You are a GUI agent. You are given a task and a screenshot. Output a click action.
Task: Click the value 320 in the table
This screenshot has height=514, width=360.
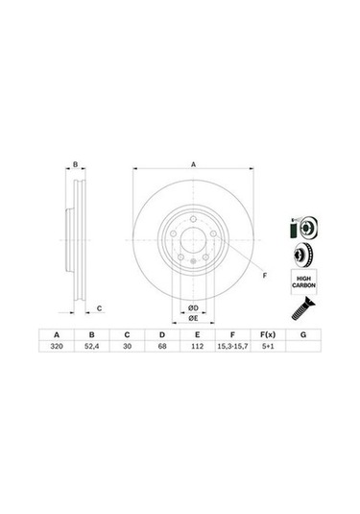coord(57,346)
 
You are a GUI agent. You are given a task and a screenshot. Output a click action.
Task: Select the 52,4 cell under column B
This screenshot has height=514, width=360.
coord(92,346)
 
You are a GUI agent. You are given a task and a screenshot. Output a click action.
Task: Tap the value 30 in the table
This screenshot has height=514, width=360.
coord(127,346)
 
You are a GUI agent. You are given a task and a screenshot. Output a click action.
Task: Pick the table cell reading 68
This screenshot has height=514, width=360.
coord(162,346)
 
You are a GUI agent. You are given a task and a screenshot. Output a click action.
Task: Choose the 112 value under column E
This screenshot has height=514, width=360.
coord(197,346)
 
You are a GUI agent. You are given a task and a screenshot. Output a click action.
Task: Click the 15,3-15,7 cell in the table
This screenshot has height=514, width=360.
coord(232,346)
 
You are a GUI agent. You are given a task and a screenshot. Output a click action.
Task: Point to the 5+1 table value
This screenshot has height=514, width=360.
coord(268,346)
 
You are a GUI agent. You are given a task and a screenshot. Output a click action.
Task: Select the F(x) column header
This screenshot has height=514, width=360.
coord(268,334)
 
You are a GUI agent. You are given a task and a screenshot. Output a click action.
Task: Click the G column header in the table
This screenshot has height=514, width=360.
coord(303,334)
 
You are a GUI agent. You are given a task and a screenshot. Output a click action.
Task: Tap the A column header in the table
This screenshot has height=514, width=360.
coord(57,334)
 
